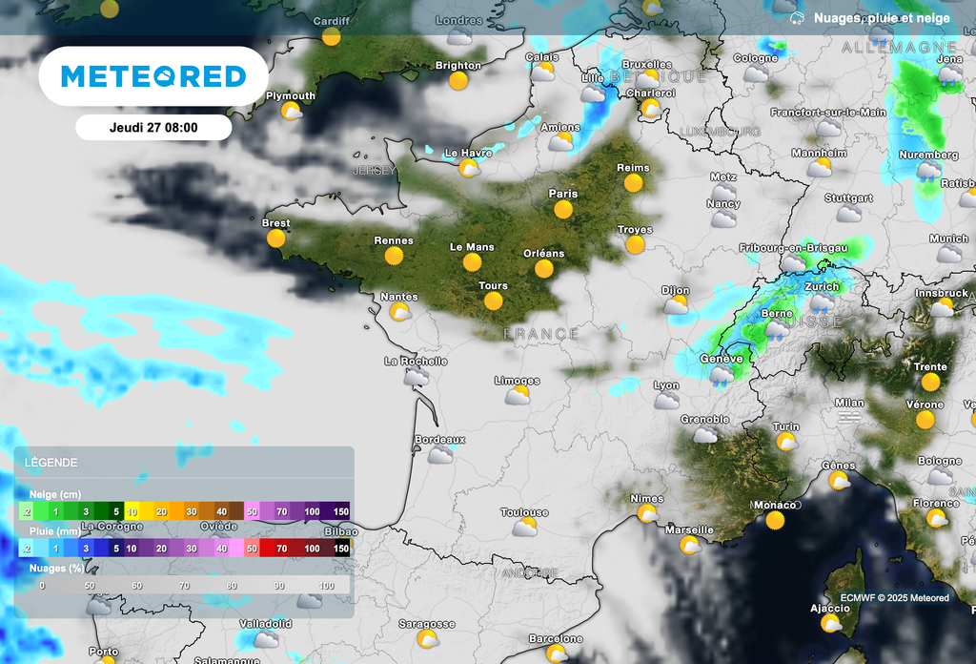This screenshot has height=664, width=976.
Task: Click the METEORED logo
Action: click(153, 76)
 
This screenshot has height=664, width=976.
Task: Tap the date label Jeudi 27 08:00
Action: click(153, 127)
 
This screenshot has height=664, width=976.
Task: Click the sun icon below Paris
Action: click(563, 209)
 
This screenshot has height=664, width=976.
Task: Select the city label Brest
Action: click(275, 223)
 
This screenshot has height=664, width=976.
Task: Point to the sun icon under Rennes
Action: click(394, 256)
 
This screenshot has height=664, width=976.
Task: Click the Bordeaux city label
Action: click(439, 439)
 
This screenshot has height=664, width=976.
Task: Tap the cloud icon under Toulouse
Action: click(524, 528)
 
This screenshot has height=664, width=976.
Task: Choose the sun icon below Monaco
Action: click(775, 520)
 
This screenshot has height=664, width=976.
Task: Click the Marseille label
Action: click(689, 529)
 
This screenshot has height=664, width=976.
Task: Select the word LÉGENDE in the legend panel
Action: click(51, 463)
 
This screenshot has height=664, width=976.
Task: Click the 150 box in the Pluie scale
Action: click(341, 549)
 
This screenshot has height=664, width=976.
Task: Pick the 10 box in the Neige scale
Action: click(132, 511)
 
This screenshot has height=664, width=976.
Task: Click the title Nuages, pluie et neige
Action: click(882, 18)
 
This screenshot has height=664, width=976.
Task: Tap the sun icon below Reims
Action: click(633, 183)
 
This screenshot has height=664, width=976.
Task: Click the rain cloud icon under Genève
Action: click(722, 375)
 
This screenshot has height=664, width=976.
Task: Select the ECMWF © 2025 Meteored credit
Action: click(894, 598)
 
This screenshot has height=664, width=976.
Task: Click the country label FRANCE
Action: click(540, 334)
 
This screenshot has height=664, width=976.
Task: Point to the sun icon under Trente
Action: click(930, 382)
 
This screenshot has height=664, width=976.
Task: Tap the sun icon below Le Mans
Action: click(472, 261)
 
